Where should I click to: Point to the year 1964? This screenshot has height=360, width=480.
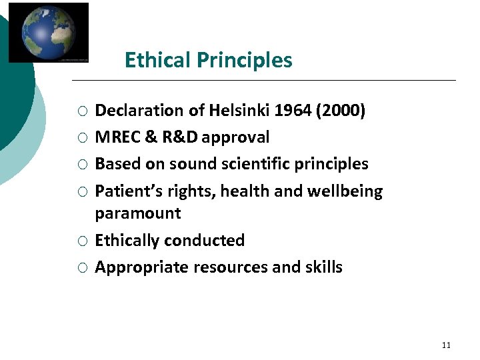click(x=293, y=111)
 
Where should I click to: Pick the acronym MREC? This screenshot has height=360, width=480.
click(x=117, y=137)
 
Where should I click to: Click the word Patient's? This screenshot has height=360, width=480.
click(x=122, y=191)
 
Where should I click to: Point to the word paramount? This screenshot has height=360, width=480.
click(x=138, y=214)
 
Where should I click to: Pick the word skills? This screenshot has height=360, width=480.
click(x=323, y=267)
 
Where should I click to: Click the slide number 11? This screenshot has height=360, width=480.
click(x=446, y=345)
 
